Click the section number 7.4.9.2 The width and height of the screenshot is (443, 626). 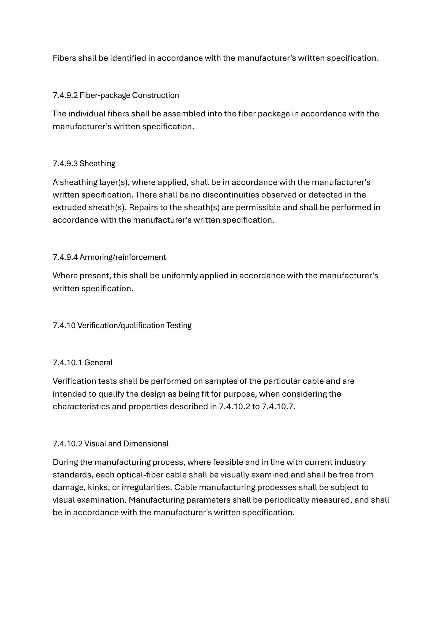(65, 95)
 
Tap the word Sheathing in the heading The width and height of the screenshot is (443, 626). (97, 163)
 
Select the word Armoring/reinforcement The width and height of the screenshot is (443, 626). (122, 257)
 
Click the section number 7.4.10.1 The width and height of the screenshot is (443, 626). (67, 362)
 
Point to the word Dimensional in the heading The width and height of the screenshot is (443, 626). (146, 443)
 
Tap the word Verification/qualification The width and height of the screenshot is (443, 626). (121, 325)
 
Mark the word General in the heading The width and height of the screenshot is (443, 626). (98, 362)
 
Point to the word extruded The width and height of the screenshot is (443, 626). (70, 207)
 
